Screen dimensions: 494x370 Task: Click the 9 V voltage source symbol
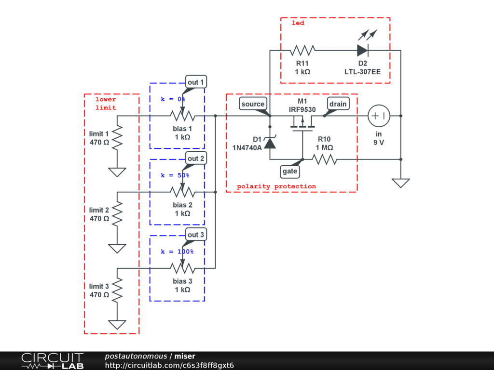(379, 116)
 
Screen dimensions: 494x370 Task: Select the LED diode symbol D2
(363, 50)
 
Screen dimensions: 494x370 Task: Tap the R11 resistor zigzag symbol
(302, 50)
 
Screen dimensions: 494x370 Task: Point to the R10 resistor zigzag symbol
(325, 159)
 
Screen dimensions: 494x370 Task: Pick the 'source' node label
(253, 104)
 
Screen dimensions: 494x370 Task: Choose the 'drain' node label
(338, 104)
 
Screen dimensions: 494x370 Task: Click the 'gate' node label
(290, 172)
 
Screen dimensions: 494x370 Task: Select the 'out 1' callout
(196, 82)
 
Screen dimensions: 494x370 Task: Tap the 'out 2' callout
(196, 159)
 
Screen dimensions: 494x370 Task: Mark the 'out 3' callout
(196, 235)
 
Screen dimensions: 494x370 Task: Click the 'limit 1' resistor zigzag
(117, 138)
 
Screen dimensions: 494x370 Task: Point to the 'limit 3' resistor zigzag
(117, 291)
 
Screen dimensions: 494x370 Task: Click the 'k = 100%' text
(177, 251)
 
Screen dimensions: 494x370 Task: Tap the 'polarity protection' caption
(276, 186)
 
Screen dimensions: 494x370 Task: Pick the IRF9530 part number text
(302, 109)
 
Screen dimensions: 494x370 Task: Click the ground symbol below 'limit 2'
(117, 249)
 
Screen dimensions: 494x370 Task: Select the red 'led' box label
(298, 23)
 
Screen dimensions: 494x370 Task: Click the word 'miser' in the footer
(185, 356)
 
